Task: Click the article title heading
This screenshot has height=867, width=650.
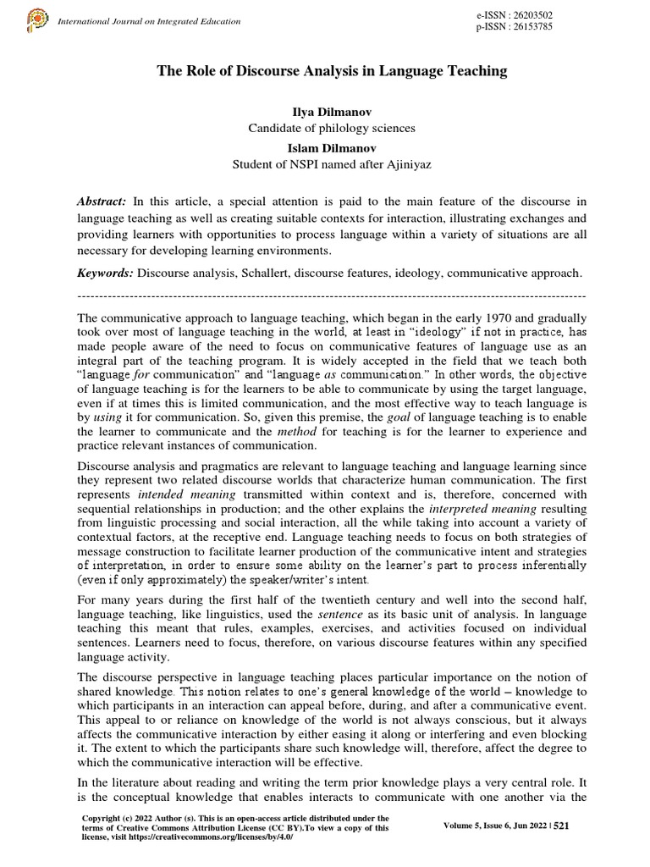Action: (332, 71)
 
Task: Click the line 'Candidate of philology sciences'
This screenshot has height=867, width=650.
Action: (331, 128)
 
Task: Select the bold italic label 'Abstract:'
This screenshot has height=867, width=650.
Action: (102, 200)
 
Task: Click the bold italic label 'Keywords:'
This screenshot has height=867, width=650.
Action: (105, 273)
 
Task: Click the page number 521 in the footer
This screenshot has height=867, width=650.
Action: (562, 827)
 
